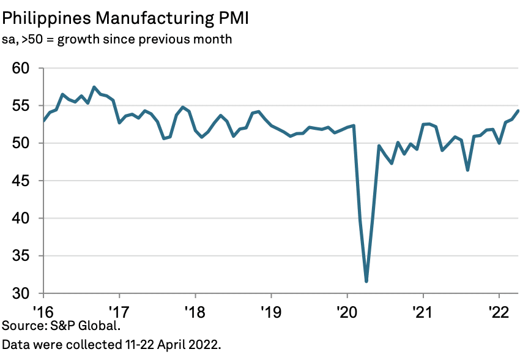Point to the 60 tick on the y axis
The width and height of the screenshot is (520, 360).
pos(21,68)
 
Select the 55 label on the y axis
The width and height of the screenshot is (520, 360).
pos(21,106)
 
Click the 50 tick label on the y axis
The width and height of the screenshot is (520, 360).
pos(21,143)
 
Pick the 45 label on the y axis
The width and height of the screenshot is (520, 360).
pos(21,181)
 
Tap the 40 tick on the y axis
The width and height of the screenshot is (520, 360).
pos(21,219)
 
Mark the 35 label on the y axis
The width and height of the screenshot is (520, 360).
pos(21,257)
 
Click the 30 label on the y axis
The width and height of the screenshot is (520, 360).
pos(21,294)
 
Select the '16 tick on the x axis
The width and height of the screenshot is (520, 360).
pos(42,309)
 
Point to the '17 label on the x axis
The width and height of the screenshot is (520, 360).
pos(118,309)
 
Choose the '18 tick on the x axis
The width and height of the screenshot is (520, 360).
pos(195,309)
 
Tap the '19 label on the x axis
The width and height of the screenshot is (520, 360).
pos(270,309)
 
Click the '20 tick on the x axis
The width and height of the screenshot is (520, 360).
pos(347,309)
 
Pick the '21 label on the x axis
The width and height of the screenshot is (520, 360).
pos(423,309)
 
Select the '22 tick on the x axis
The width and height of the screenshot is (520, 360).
pos(499,309)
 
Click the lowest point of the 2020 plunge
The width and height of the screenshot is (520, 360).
pos(366,282)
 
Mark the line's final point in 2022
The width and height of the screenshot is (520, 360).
pos(518,111)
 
